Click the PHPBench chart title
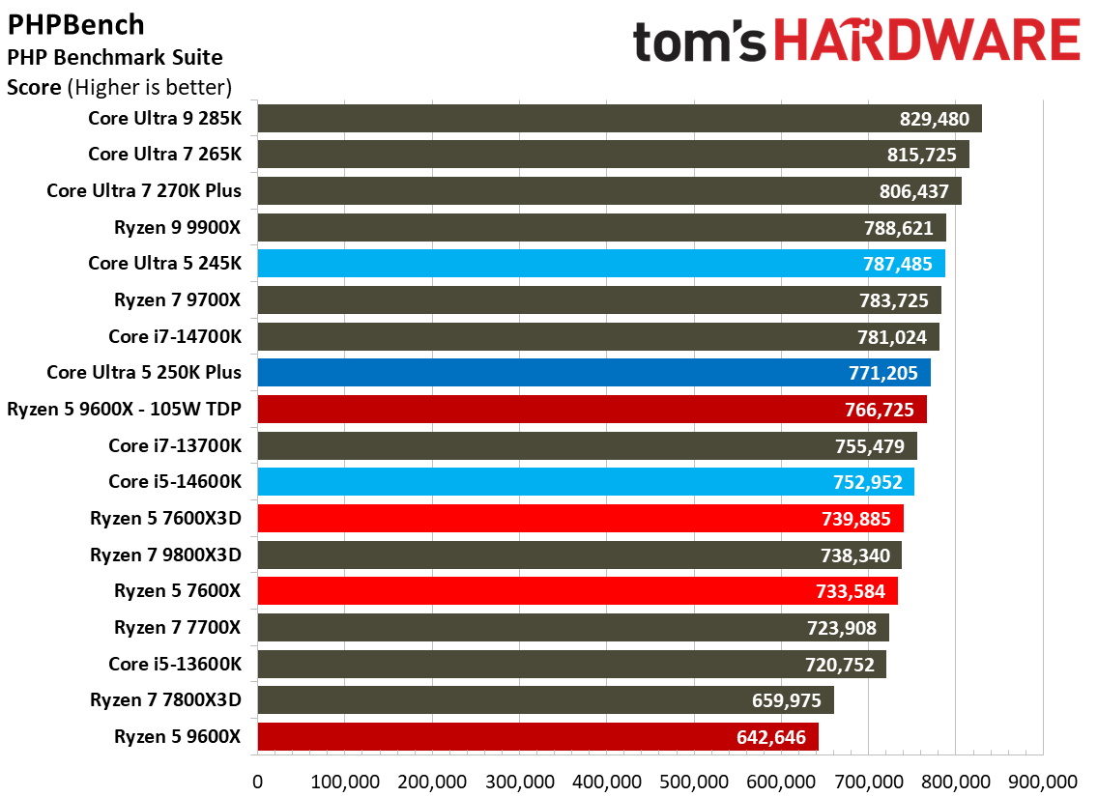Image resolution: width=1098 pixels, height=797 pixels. coord(76,23)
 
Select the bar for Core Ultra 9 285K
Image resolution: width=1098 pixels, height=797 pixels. coord(619,119)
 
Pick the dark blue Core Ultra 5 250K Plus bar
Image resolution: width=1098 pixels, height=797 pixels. coord(593,373)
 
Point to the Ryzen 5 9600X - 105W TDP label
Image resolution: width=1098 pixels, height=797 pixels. coord(124,409)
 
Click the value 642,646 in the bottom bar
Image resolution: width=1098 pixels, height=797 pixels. coord(770,738)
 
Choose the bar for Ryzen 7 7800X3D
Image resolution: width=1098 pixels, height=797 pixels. coord(545,700)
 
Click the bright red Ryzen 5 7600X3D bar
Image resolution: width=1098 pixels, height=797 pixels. coord(580,519)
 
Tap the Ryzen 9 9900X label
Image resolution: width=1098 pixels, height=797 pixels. coord(178,226)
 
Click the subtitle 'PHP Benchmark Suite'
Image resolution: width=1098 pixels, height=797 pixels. coord(115,57)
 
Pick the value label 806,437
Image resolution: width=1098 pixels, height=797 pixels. coord(913,191)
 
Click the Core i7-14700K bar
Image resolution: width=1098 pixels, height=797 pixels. coord(597,336)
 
